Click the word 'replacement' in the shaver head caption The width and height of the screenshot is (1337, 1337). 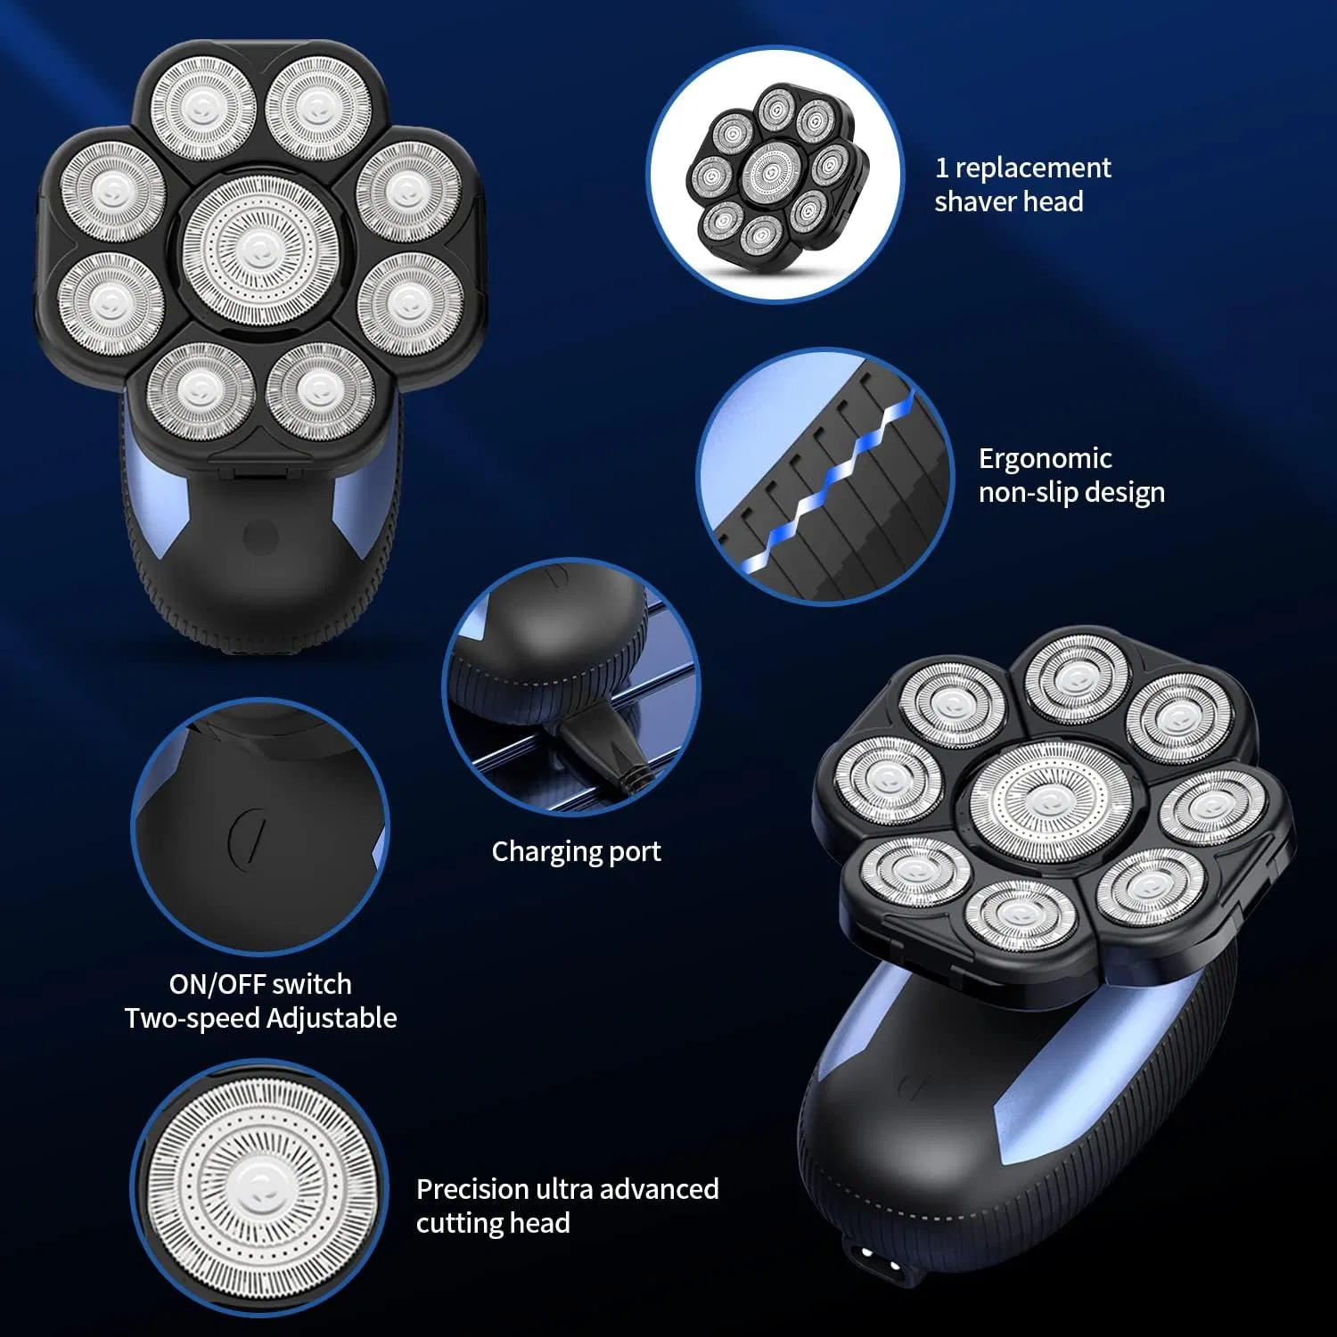[1033, 168]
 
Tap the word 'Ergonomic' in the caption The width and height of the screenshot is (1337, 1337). [1045, 459]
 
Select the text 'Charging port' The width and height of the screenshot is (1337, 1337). [577, 851]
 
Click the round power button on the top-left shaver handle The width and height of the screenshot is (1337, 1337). [260, 537]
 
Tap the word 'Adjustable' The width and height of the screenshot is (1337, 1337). [332, 1019]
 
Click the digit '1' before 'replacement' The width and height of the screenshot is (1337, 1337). [941, 168]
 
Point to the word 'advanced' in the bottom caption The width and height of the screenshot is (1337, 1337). [659, 1189]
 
